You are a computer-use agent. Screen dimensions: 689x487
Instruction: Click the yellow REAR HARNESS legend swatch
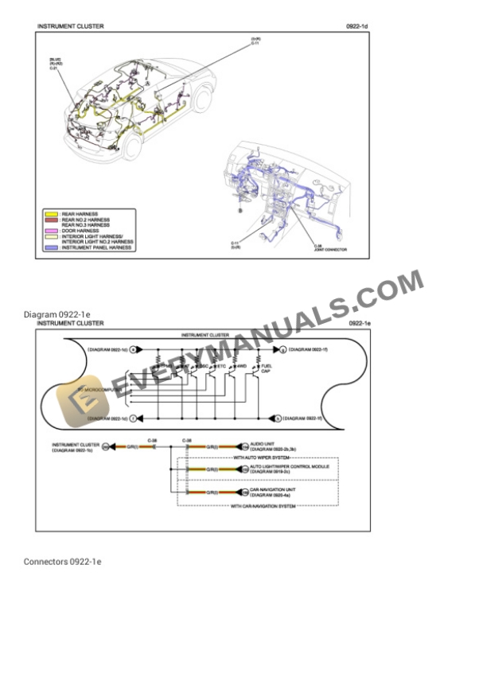51,214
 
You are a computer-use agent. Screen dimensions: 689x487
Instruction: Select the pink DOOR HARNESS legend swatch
51,232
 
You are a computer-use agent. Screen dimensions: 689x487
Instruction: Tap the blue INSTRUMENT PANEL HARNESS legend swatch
51,248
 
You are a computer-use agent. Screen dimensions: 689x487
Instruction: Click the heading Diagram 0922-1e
56,314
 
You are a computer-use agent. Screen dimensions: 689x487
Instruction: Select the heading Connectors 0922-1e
62,562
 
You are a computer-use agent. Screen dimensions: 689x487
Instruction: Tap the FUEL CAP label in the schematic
268,369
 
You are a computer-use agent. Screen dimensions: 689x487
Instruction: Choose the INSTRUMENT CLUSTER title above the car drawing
70,26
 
